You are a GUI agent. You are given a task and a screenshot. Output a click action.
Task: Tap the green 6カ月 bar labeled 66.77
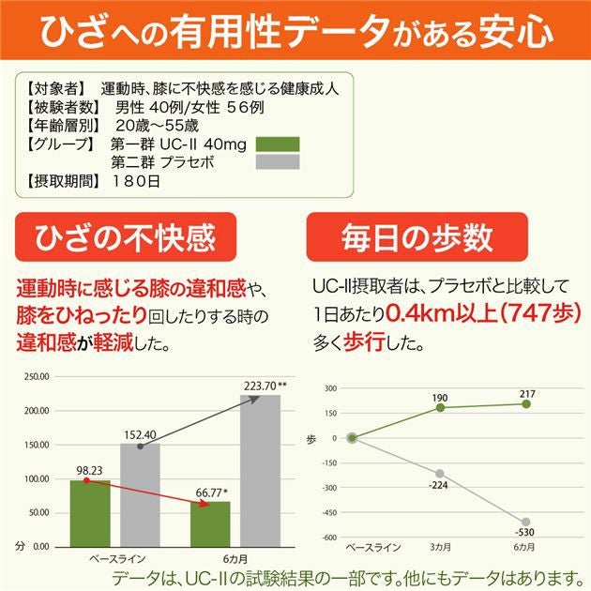pos(210,523)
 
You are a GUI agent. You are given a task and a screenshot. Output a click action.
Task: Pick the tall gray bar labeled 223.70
pos(260,470)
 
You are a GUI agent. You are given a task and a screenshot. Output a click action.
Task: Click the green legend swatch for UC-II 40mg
pos(270,144)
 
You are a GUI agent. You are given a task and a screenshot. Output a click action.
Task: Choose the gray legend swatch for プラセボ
pos(270,161)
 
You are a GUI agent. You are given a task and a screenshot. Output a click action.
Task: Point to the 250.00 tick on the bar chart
pos(36,376)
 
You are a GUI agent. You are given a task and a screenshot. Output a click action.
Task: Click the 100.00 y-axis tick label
pos(36,478)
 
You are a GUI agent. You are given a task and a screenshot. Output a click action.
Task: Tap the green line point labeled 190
pos(439,407)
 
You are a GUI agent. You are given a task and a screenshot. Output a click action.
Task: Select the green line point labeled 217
pos(525,403)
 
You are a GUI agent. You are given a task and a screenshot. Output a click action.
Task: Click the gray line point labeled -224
pos(439,474)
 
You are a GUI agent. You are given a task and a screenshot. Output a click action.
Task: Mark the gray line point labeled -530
pos(525,522)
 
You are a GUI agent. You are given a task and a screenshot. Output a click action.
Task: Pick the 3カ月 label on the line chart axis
pos(439,546)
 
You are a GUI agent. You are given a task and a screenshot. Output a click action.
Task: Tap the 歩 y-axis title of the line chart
pos(311,439)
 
